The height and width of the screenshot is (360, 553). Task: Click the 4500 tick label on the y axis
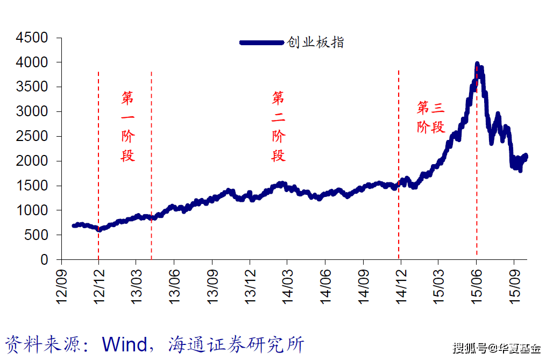point(32,38)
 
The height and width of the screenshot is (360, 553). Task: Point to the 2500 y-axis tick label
point(32,137)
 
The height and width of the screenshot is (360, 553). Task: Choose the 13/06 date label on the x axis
point(173,286)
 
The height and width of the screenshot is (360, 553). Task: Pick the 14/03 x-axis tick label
point(286,286)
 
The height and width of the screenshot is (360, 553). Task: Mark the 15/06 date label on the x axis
point(476,286)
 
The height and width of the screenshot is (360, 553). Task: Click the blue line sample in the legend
point(262,43)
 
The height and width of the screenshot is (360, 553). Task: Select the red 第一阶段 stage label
point(128,127)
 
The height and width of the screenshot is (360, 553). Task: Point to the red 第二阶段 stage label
point(278,127)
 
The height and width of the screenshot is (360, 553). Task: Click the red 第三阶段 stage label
point(431,117)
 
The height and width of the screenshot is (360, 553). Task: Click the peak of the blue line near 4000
point(477,65)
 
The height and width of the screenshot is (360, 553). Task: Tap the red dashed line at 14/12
point(399,161)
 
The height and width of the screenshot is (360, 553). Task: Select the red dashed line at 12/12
point(98,161)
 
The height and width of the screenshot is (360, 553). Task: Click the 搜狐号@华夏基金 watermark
point(496,348)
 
